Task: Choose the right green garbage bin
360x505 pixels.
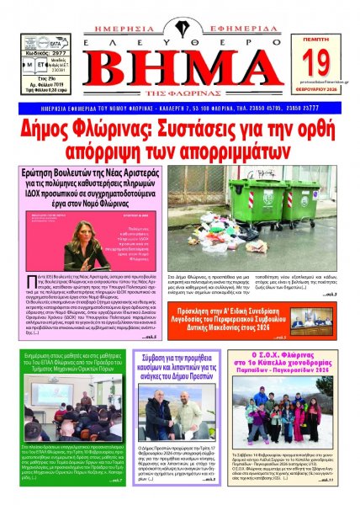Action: click(x=300, y=200)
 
